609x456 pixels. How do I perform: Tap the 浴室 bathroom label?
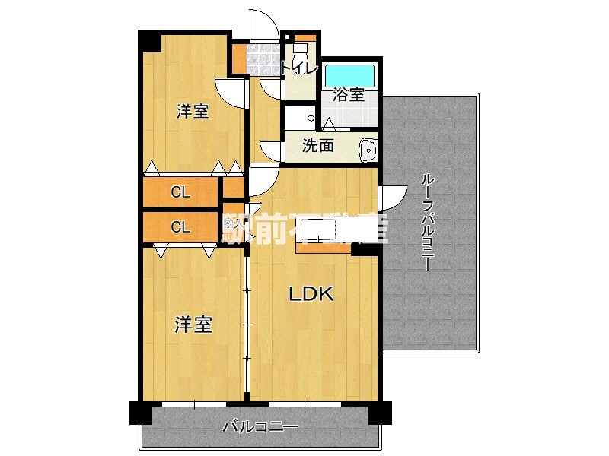[x=349, y=96]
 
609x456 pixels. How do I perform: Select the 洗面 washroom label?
[x=317, y=147]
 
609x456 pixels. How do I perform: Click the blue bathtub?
[x=349, y=76]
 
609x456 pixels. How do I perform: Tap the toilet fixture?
[x=300, y=52]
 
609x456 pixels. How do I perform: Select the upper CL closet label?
[x=180, y=192]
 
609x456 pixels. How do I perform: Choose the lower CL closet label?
[x=180, y=226]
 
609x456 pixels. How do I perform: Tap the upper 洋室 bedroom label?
[x=193, y=112]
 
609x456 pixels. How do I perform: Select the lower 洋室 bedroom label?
[x=193, y=325]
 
